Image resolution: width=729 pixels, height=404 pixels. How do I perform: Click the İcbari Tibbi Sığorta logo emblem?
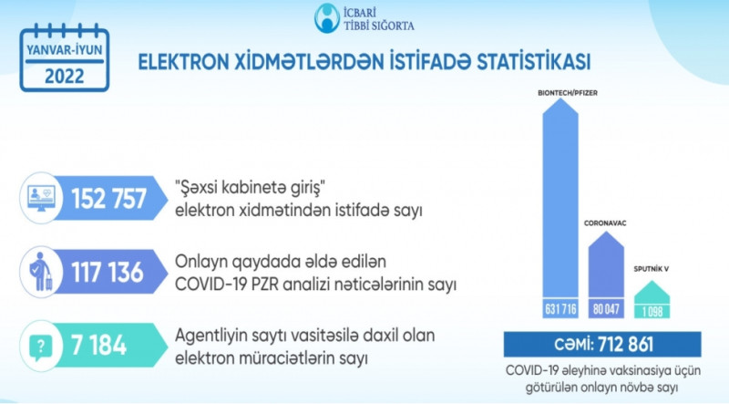pos(327,18)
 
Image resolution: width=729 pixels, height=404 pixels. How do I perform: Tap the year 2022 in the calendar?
pos(64,76)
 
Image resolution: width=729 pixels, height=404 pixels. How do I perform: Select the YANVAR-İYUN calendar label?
pos(64,50)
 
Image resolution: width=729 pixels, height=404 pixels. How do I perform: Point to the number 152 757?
pos(108,198)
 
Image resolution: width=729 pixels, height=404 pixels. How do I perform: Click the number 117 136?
pos(107,272)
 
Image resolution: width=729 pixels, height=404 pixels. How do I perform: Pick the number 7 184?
pos(98,346)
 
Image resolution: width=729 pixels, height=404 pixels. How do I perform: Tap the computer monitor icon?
pos(41,198)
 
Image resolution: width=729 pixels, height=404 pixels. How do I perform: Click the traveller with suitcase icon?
pos(41,272)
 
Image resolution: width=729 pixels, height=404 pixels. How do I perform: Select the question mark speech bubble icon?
pos(41,346)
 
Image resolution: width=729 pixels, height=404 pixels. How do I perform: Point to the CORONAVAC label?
pos(605,223)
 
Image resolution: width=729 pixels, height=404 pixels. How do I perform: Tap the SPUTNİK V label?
pos(651,269)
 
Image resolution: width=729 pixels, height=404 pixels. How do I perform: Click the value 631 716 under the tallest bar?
pos(560,308)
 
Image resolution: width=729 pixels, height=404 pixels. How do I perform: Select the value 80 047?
pos(606,308)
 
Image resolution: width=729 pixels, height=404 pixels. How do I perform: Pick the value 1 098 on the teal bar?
pos(652,311)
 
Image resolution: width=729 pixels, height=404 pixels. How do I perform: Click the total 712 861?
pos(626,345)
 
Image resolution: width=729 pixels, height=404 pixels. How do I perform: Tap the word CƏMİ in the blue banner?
pos(574,345)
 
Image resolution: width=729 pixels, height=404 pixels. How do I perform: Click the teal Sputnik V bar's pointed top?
pos(652,281)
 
